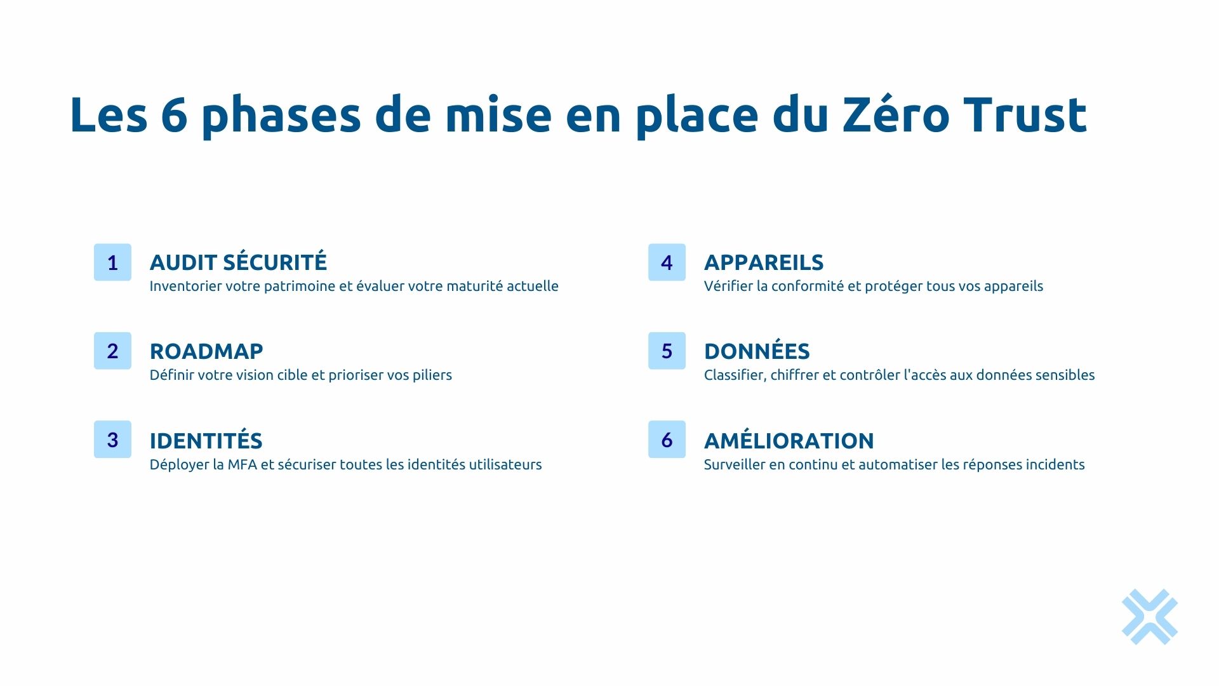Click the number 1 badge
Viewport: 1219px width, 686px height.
[112, 262]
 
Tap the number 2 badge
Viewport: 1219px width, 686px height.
[112, 351]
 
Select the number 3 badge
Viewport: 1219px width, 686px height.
[112, 440]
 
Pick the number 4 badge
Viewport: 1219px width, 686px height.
[667, 262]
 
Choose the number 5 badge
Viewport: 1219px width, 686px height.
[667, 351]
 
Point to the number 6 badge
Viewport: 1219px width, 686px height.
[667, 440]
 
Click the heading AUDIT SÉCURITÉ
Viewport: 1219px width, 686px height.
[238, 262]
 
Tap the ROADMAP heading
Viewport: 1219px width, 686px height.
[206, 351]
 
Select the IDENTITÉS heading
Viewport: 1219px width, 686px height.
[206, 440]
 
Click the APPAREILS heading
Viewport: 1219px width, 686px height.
[764, 262]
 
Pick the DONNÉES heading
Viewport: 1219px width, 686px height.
[757, 351]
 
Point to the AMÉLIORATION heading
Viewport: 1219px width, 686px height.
[789, 440]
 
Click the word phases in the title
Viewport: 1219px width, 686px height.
[282, 116]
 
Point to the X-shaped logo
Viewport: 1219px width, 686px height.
[1149, 617]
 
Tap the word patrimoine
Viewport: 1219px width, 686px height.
[300, 286]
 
